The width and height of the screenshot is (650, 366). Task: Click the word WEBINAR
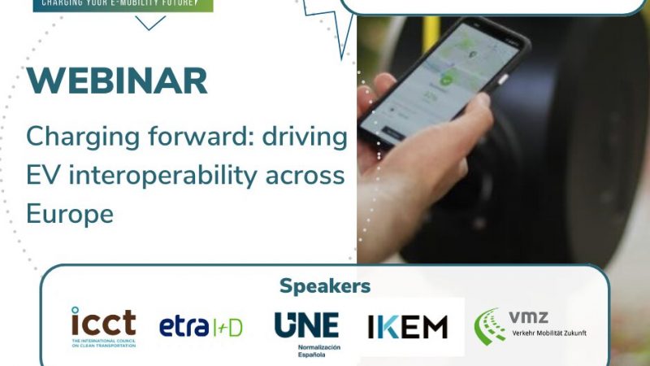pos(117,81)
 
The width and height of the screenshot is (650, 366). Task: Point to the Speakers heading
pos(325,285)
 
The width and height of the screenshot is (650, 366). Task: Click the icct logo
pos(103,326)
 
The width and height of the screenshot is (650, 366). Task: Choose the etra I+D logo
pos(201,327)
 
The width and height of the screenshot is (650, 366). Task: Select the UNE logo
pos(306,325)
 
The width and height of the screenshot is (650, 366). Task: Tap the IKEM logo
pos(407,327)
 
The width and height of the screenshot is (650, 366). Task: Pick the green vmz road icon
pos(490,326)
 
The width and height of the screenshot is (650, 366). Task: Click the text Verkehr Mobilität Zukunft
pos(549,333)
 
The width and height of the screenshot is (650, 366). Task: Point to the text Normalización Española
pos(306,351)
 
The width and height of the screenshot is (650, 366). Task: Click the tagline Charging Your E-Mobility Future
pos(123,3)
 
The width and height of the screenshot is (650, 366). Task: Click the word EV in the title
pos(41,175)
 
